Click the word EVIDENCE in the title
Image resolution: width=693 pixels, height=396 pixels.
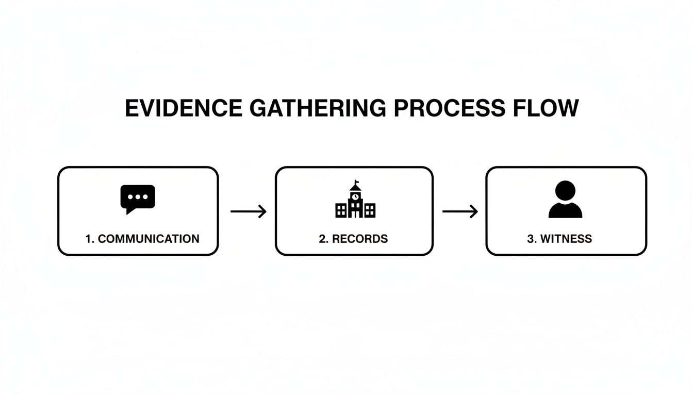183,108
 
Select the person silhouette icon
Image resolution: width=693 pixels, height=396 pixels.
565,200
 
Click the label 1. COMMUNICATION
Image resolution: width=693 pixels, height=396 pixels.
142,239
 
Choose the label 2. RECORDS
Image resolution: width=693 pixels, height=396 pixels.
353,239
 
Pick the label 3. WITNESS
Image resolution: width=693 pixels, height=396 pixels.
559,239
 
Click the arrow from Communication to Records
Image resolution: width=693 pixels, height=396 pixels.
248,211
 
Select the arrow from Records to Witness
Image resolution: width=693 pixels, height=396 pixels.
460,211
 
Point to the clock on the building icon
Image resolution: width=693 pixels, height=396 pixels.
355,196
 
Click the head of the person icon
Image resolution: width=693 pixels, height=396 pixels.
566,190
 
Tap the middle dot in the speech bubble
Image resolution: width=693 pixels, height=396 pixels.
138,196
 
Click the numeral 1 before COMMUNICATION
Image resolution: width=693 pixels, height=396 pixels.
88,239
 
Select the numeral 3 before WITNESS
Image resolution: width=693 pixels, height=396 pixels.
530,239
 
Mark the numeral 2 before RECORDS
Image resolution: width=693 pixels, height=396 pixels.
322,239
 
